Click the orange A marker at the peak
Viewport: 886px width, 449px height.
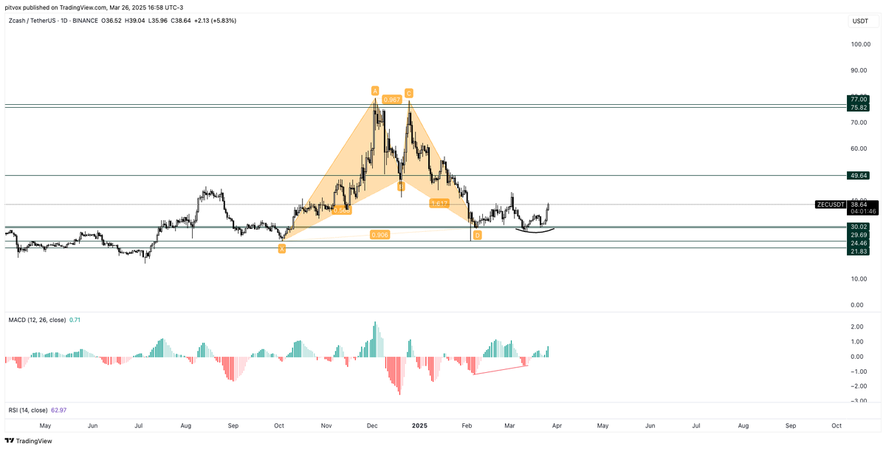coord(375,91)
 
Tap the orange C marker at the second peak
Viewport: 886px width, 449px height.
coord(408,93)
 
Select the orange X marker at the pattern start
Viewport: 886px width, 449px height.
coord(281,249)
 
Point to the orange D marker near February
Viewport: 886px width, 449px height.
coord(478,235)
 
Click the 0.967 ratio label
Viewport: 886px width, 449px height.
coord(392,99)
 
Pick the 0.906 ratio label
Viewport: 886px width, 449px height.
coord(380,235)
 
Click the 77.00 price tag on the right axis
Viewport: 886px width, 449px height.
coord(858,99)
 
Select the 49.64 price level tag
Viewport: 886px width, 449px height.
coord(858,176)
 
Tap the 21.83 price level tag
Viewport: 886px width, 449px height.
coord(858,251)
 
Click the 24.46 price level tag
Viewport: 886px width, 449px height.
coord(858,243)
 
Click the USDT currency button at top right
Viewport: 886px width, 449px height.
coord(860,21)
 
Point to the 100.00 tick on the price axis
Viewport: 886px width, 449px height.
coord(860,44)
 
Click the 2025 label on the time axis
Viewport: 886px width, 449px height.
coord(419,426)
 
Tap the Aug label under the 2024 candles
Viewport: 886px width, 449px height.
coord(186,426)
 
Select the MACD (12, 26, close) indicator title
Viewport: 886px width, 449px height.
coord(36,320)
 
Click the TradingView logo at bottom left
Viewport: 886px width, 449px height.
coord(29,441)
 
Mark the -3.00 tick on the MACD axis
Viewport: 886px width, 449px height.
coord(858,401)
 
